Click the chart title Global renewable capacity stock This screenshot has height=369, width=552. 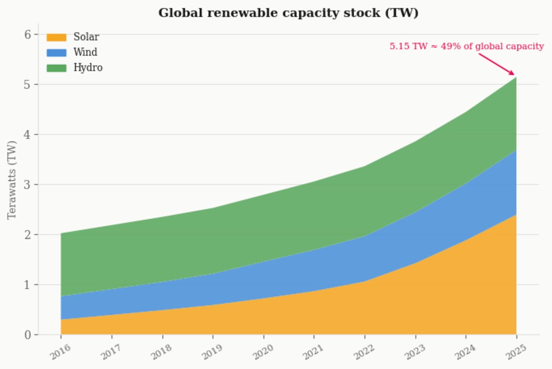tap(288, 13)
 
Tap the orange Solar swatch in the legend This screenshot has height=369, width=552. tap(57, 37)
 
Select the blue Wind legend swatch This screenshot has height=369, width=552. tap(57, 52)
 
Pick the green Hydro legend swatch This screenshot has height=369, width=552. tap(57, 68)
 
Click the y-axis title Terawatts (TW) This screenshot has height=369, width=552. tap(12, 180)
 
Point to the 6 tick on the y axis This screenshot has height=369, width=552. tap(28, 34)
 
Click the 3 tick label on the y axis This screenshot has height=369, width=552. tap(28, 185)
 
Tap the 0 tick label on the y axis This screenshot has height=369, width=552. tap(28, 335)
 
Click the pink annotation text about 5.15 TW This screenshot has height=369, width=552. tap(466, 46)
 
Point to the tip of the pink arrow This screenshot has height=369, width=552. tap(515, 75)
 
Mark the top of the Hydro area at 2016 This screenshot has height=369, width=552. tap(61, 233)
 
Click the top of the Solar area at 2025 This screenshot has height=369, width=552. tap(516, 215)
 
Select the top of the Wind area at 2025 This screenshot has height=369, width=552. tap(516, 150)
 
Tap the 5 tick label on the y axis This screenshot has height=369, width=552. tap(28, 85)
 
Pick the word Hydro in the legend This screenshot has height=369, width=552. tap(88, 68)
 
